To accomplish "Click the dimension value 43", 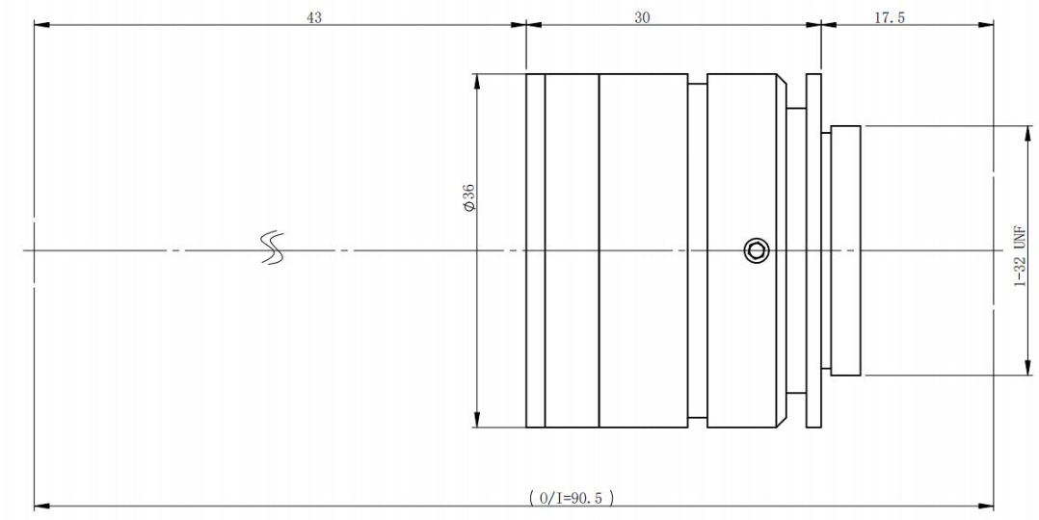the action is click(x=314, y=18).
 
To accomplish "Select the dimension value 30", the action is click(x=642, y=18).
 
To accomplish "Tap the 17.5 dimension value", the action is click(x=890, y=18).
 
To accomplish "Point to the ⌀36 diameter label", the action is click(x=469, y=197).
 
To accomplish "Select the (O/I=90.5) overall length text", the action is click(x=572, y=498).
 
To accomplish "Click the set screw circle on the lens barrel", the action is click(x=756, y=250).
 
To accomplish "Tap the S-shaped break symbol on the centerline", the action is click(x=273, y=248).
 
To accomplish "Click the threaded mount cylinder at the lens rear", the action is click(x=845, y=250).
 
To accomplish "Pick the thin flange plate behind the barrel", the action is click(x=813, y=250).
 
